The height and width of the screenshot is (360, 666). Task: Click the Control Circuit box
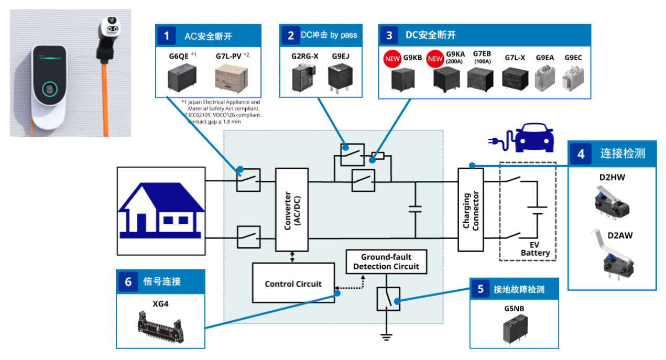click(293, 283)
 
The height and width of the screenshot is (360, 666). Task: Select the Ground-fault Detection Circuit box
click(386, 261)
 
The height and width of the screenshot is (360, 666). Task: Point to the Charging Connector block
click(471, 210)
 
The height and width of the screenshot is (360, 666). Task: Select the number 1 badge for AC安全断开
click(167, 36)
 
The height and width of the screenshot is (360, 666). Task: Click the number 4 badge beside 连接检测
click(581, 154)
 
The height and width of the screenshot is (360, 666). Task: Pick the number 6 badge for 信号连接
click(128, 281)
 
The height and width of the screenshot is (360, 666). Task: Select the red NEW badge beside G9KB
click(392, 58)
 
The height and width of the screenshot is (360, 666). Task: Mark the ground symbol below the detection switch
click(387, 336)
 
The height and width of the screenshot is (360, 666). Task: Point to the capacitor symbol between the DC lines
click(415, 209)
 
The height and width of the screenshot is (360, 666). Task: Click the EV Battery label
click(535, 249)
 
